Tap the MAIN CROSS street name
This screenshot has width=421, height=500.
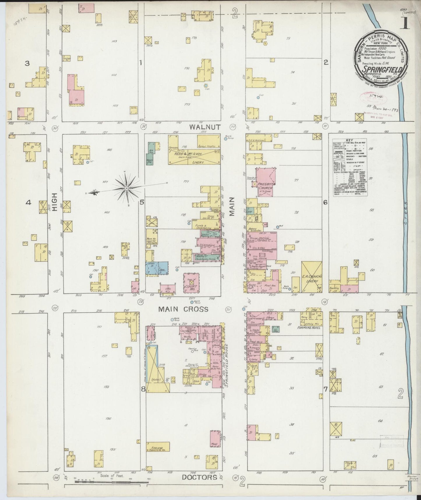[x=183, y=309]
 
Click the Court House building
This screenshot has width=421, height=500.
[x=191, y=282]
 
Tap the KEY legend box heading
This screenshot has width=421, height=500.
[x=349, y=140]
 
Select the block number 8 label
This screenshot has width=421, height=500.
[x=143, y=389]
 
